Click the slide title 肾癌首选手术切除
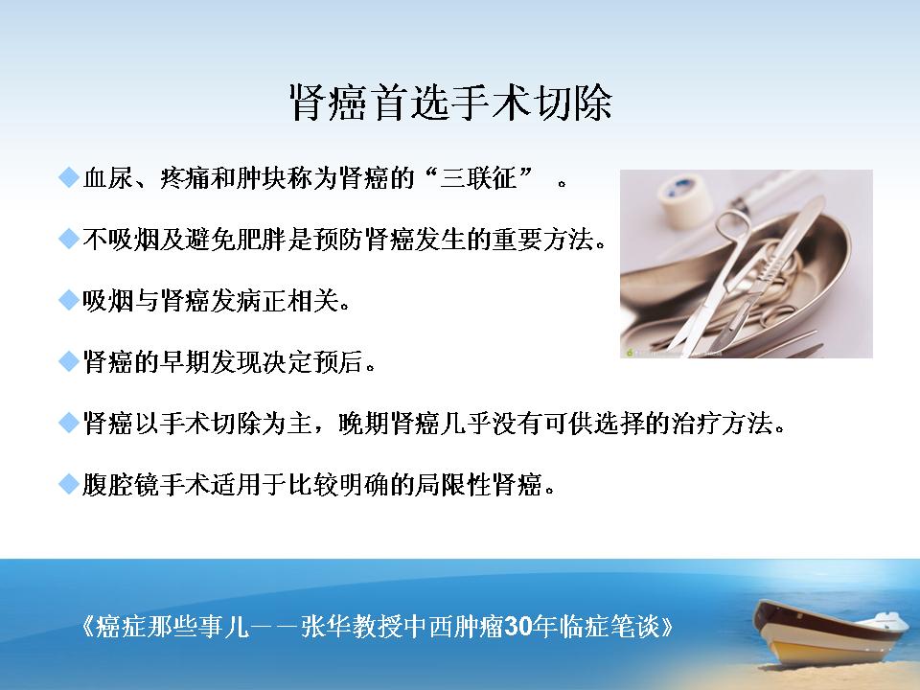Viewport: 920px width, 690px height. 451,103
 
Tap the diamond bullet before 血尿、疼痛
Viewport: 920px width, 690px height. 69,176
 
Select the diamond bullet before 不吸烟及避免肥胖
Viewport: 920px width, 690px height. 69,239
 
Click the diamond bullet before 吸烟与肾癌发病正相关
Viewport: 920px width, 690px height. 69,300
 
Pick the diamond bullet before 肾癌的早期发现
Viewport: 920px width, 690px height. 69,361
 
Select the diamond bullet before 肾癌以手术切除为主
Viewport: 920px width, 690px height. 69,423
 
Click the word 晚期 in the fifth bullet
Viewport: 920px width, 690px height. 363,423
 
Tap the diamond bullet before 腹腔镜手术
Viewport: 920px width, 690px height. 69,484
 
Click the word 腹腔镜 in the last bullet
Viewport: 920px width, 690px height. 121,485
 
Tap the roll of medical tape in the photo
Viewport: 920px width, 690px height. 681,200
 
